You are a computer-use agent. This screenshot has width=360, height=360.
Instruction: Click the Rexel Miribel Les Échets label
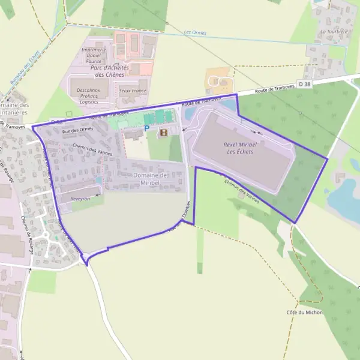pos(239,148)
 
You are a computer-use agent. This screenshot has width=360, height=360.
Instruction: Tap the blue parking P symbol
pos(146,128)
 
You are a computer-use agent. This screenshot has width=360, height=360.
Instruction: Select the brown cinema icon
pos(163,132)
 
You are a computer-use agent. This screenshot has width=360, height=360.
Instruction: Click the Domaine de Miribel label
pos(149,179)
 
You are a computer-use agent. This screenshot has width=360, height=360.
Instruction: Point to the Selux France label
pos(133,91)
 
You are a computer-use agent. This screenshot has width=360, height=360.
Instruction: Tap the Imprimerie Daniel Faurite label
pos(94,55)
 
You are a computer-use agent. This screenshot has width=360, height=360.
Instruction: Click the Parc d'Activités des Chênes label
pos(107,71)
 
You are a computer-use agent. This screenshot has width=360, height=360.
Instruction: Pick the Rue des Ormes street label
pos(78,130)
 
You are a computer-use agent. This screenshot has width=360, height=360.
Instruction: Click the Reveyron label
pos(80,198)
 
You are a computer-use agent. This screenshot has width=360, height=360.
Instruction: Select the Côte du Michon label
pos(305,313)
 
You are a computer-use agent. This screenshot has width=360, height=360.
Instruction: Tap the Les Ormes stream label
pos(195,32)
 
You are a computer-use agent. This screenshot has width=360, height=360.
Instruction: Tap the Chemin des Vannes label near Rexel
pos(242,191)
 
